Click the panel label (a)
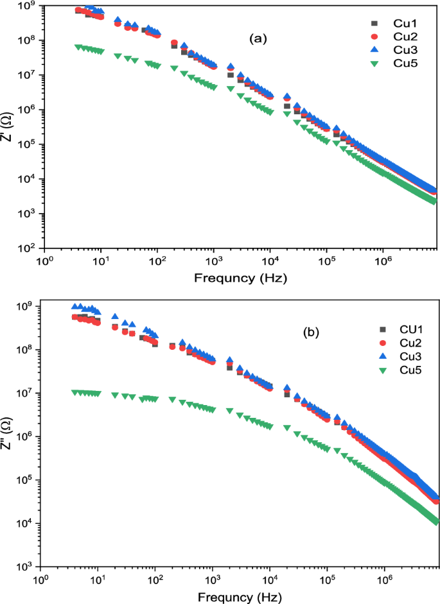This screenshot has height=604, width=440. [258, 39]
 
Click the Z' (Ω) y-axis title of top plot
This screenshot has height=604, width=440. [8, 126]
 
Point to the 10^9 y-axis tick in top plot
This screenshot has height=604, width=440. [28, 6]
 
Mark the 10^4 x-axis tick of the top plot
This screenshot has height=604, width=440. [270, 261]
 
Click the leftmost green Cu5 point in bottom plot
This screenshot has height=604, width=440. [75, 392]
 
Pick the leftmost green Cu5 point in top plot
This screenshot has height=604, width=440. [78, 47]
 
